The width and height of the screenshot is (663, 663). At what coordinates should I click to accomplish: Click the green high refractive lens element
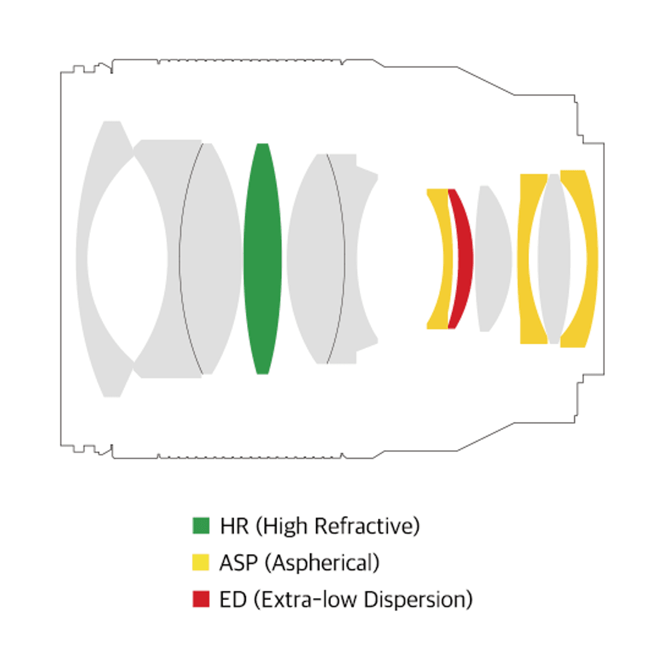click(262, 259)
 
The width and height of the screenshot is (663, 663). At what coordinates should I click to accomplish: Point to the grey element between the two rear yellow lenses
click(554, 259)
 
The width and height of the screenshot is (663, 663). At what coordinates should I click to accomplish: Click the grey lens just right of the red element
click(493, 259)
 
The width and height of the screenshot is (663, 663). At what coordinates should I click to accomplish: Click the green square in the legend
click(201, 525)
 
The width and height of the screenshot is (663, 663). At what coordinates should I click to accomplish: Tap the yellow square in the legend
click(201, 562)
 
